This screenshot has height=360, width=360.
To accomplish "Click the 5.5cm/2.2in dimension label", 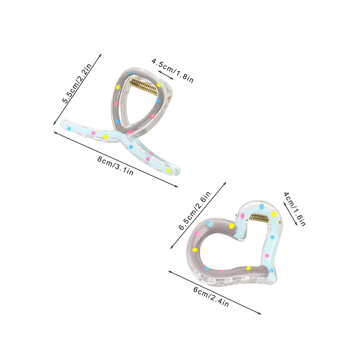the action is click(x=77, y=83).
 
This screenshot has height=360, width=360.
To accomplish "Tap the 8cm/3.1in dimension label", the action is click(x=115, y=166).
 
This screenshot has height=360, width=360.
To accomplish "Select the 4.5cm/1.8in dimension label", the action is click(x=172, y=71).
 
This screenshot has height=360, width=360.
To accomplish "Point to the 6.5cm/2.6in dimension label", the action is click(x=194, y=210).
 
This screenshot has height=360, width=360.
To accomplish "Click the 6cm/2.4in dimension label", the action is click(x=211, y=297).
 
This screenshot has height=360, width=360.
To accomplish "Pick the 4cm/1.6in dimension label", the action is click(x=295, y=209).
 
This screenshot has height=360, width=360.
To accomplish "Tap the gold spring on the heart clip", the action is click(x=259, y=217).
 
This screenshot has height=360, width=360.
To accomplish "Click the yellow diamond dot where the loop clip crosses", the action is click(x=105, y=137).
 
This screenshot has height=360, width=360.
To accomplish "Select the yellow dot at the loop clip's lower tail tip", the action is click(x=169, y=171).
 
